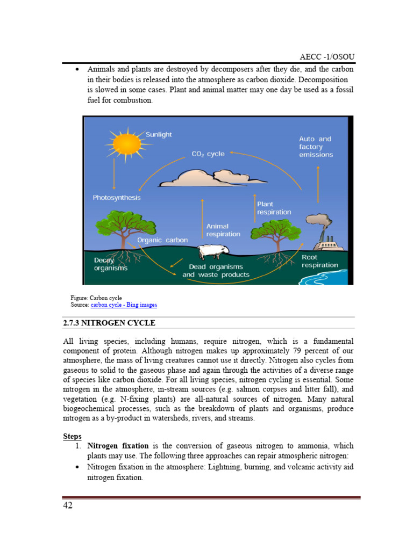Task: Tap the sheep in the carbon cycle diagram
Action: pos(213,251)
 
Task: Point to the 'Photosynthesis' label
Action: pos(117,198)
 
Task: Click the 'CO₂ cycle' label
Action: pos(209,154)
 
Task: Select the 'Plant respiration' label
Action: pos(274,208)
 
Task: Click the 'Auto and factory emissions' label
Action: pos(316,147)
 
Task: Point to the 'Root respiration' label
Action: pos(320,261)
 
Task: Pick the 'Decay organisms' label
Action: pos(111,264)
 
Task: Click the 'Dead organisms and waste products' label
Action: pos(216,271)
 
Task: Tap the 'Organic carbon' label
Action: pos(162,240)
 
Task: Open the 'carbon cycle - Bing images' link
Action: pos(124,305)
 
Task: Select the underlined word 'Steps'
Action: pos(73,437)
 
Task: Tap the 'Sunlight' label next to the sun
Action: pos(159,134)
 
